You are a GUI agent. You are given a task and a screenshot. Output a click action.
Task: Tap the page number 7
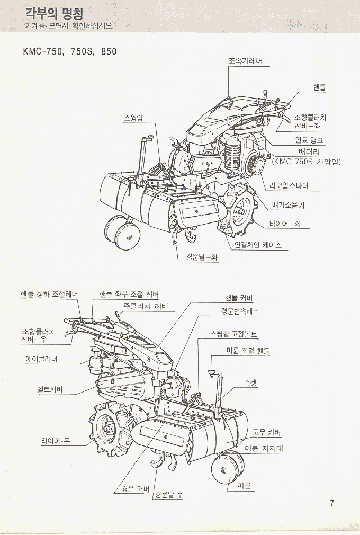point(332,503)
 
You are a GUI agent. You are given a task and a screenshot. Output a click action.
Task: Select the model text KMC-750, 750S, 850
point(69,52)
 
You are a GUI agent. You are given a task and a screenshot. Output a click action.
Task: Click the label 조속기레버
point(245,61)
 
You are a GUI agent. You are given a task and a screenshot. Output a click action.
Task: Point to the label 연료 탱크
point(310,140)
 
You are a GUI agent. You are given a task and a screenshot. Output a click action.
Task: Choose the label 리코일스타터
point(289,186)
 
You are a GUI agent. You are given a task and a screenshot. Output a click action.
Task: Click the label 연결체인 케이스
point(257,245)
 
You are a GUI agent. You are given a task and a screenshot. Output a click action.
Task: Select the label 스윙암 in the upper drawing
point(133,118)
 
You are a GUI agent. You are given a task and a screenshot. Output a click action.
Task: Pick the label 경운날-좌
point(202,257)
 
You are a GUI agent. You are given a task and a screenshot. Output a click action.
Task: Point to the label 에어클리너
point(41,359)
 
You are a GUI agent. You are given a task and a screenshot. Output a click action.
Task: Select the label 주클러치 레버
point(146,306)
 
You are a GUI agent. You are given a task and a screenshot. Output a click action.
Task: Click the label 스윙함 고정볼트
point(233,334)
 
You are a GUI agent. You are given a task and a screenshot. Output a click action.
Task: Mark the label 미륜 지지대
point(263,448)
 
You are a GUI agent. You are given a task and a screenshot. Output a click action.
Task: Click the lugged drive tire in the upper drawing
point(241,209)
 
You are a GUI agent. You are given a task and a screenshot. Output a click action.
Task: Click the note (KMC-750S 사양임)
point(305,162)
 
